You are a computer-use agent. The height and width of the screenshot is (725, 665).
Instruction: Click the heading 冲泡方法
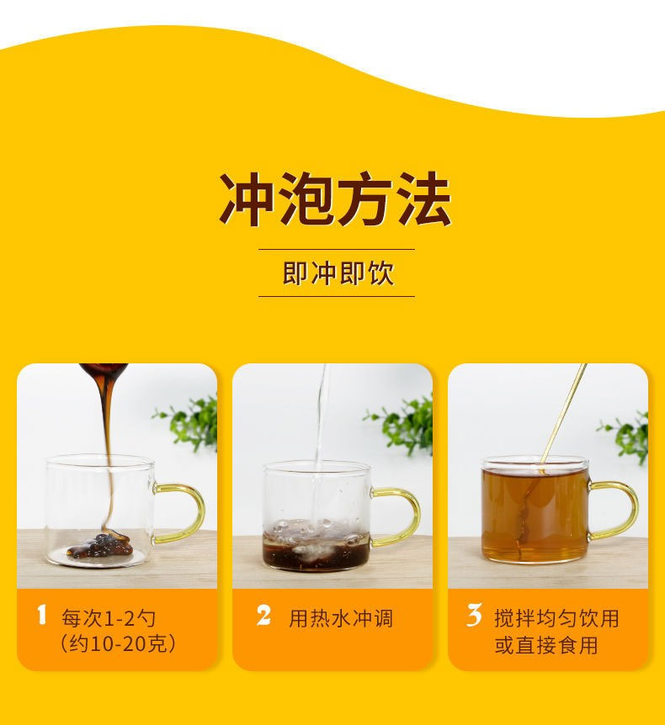coord(335,199)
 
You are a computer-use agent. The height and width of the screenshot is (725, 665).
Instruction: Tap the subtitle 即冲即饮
coord(338,273)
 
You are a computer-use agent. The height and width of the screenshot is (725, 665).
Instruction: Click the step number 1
coord(41,616)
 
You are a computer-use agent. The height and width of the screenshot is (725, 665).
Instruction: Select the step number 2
coord(263,616)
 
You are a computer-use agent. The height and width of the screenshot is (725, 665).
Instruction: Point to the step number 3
coord(475,616)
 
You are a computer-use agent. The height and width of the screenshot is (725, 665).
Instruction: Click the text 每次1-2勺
coord(109,618)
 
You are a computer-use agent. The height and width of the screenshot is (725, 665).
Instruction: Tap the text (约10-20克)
coord(118,644)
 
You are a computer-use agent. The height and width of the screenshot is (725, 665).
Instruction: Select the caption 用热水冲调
coord(341,618)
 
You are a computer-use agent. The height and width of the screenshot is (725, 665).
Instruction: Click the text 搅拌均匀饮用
coord(556,618)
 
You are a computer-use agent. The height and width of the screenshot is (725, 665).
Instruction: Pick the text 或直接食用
coord(546,645)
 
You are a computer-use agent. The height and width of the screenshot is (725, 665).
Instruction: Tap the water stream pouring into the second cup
coord(322,444)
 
